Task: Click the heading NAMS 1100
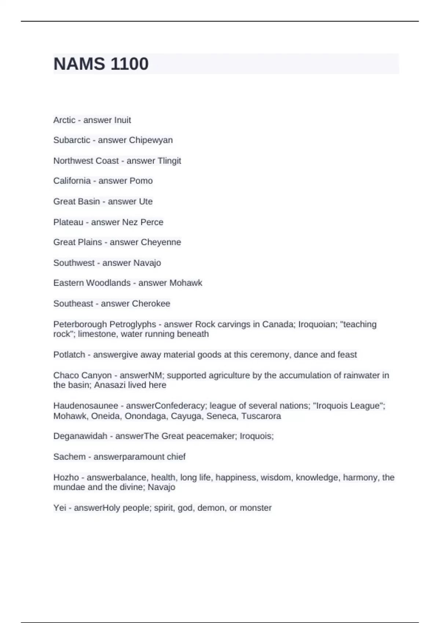pos(101,64)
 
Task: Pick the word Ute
pos(146,202)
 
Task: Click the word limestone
pos(98,334)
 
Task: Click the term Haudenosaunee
pos(86,406)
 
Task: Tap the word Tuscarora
pos(261,416)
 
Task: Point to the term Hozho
pos(66,478)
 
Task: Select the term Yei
pos(60,508)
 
